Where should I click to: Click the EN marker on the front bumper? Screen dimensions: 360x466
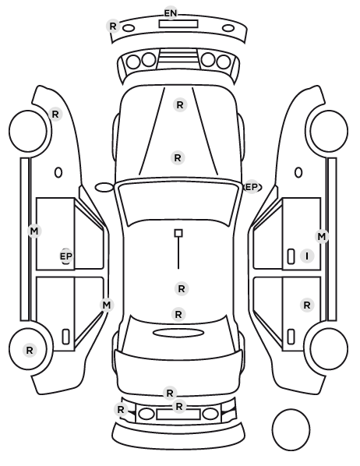click(x=171, y=13)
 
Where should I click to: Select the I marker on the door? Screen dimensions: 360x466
click(x=307, y=256)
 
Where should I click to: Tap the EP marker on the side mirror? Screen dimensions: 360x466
click(x=252, y=187)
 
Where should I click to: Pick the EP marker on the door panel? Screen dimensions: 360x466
click(x=66, y=256)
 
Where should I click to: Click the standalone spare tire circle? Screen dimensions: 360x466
click(x=291, y=429)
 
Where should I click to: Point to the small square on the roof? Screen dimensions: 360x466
click(x=178, y=233)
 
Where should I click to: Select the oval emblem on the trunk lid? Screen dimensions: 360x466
click(x=178, y=333)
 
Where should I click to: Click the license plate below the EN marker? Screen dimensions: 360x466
click(x=178, y=23)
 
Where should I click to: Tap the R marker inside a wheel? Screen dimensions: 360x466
click(x=30, y=350)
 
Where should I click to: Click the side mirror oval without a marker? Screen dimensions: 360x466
click(x=104, y=188)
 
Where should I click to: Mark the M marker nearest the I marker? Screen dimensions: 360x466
click(x=322, y=237)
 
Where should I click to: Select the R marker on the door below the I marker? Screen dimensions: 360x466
click(x=307, y=305)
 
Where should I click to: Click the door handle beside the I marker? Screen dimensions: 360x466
click(x=291, y=256)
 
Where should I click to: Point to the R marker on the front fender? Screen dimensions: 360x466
click(x=55, y=114)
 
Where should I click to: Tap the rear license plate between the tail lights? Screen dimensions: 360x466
click(x=178, y=415)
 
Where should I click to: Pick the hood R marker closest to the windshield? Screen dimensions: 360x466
click(x=178, y=158)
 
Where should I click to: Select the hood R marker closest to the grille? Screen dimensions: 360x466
click(x=180, y=105)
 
